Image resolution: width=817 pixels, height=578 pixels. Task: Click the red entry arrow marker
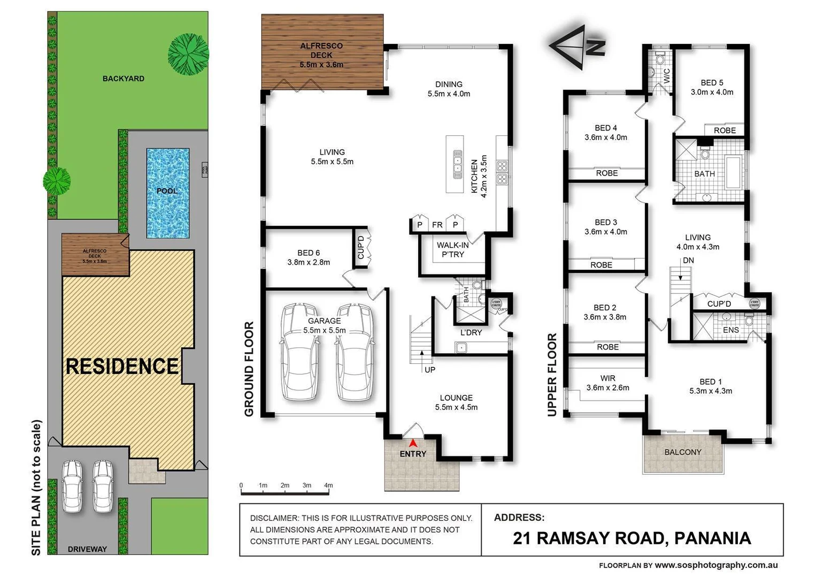click(x=413, y=443)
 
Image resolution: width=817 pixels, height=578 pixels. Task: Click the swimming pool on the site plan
click(x=167, y=193)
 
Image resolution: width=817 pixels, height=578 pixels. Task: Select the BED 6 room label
click(x=309, y=253)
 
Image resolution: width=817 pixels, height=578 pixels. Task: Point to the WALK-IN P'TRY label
click(x=452, y=250)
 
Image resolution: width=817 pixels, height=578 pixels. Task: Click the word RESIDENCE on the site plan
click(x=122, y=367)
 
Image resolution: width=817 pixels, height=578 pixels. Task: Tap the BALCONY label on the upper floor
click(x=682, y=452)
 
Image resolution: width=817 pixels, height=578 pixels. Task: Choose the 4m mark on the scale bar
click(x=328, y=485)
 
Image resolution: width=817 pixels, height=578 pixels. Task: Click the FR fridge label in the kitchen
click(x=437, y=225)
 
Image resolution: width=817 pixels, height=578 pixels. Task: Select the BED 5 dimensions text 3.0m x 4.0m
click(x=712, y=92)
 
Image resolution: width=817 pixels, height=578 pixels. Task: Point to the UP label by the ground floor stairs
click(x=430, y=370)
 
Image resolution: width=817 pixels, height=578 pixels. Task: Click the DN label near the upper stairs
click(x=688, y=261)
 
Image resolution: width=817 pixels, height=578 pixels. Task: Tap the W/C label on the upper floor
click(x=666, y=75)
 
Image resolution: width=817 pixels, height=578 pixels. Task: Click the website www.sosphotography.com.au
click(x=716, y=565)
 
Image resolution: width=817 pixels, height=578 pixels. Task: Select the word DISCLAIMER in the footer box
click(x=274, y=518)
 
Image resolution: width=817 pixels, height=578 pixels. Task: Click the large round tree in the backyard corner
click(x=188, y=54)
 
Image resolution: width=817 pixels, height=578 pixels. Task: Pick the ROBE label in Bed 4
click(x=607, y=173)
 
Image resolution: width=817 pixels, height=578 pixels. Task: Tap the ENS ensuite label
click(x=730, y=330)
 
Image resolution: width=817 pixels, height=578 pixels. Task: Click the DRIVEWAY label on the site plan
click(x=87, y=549)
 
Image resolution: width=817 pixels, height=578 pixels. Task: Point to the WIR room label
click(x=607, y=378)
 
